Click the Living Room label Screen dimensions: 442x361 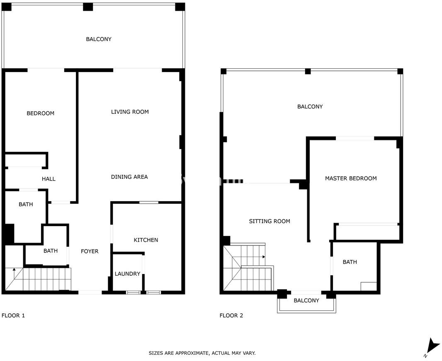click(130, 112)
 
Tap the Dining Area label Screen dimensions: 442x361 click(129, 177)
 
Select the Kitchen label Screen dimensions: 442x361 click(146, 240)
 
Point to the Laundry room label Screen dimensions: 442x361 click(127, 274)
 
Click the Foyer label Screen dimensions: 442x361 click(90, 251)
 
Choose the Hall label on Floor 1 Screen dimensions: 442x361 click(49, 179)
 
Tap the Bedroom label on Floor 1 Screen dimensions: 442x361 click(40, 113)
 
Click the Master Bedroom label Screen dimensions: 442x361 click(351, 178)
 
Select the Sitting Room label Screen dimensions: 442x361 click(270, 221)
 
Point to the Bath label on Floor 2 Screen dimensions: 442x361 click(350, 262)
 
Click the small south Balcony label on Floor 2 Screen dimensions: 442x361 click(306, 301)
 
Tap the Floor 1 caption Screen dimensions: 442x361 click(13, 315)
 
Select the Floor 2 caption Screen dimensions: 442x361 click(231, 315)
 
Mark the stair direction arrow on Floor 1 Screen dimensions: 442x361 click(14, 273)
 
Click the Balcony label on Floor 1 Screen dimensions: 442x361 click(99, 39)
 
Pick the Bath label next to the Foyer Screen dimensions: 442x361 click(51, 251)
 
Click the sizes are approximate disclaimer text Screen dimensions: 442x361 click(202, 353)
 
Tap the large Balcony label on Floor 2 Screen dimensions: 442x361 click(310, 106)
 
